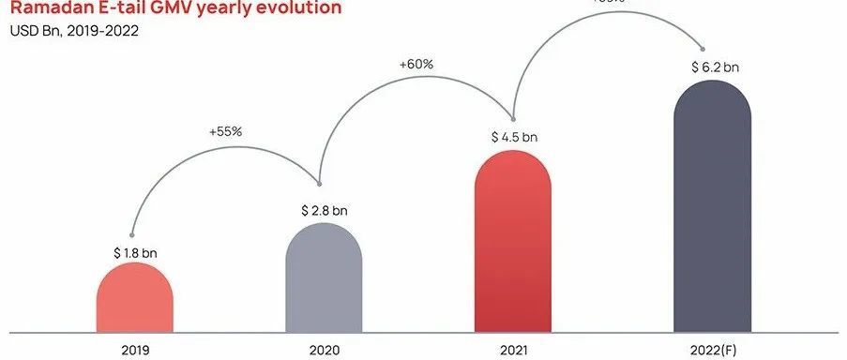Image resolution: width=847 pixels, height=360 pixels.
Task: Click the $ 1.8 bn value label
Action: [135, 253]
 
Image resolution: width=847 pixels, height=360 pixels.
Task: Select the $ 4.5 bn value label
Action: [514, 137]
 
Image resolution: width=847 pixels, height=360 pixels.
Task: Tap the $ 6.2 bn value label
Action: [712, 67]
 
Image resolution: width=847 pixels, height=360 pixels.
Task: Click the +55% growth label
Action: [225, 131]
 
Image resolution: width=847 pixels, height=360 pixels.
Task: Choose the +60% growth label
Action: [416, 65]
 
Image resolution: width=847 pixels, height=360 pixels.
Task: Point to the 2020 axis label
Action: [324, 350]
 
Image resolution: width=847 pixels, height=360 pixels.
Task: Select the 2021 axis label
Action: [513, 350]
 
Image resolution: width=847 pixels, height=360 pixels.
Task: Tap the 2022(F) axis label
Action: [714, 350]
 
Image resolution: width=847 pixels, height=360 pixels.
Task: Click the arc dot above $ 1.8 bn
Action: [131, 234]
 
